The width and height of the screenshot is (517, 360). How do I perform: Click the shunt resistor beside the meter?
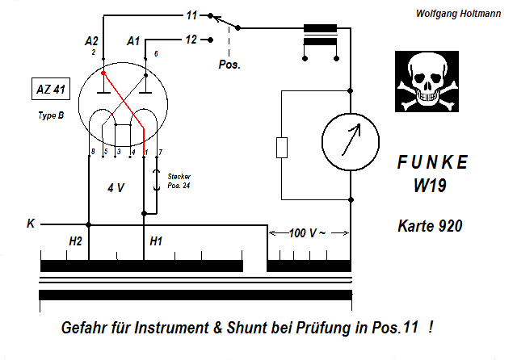[x=281, y=147]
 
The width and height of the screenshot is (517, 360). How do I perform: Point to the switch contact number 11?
[x=191, y=15]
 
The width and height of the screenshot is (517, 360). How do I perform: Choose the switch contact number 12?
[x=191, y=39]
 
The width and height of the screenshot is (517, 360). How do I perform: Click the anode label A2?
[x=91, y=40]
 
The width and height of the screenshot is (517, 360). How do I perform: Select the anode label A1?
[x=134, y=40]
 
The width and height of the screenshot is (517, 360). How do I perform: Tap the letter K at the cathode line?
[x=31, y=223]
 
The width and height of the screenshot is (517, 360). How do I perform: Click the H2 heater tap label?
[x=75, y=241]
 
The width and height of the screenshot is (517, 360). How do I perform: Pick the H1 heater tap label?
[x=156, y=241]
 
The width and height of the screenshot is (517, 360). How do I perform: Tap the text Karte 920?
[x=431, y=226]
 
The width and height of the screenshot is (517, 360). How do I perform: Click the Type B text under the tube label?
[x=51, y=115]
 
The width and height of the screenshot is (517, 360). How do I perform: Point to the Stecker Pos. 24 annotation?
[x=179, y=180]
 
